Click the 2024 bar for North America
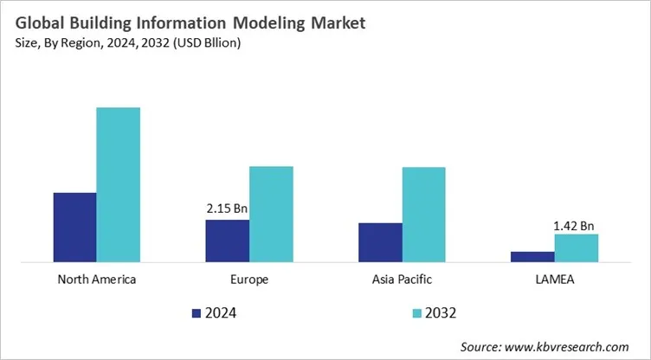tap(74, 227)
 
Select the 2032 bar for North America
tap(118, 184)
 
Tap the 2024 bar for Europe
tap(227, 241)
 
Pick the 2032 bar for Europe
tap(271, 214)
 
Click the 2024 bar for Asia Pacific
tap(380, 242)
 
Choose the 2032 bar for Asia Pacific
tap(423, 214)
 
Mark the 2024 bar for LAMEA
tap(532, 256)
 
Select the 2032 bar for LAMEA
tap(576, 247)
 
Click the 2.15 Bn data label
tap(228, 209)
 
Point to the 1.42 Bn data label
tap(574, 226)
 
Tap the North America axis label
tap(96, 280)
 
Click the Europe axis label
tap(249, 280)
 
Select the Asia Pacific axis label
tap(402, 280)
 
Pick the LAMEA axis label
tap(554, 280)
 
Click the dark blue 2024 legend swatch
tap(196, 312)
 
